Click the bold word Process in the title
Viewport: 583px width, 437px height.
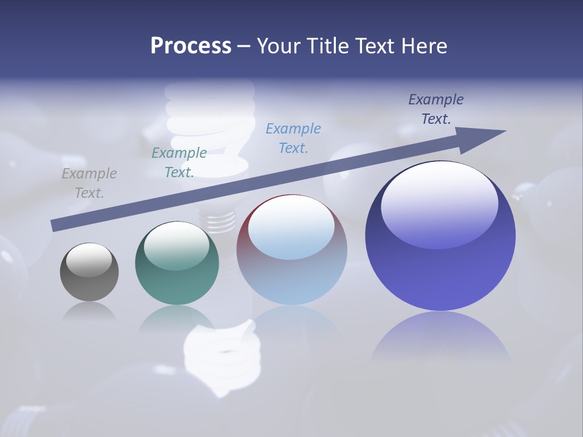[x=191, y=46]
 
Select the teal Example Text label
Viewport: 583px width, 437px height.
[x=179, y=163]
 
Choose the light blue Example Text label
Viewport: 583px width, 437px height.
[x=293, y=138]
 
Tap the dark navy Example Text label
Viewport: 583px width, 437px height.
[x=436, y=109]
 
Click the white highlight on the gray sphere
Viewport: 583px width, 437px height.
[x=89, y=260]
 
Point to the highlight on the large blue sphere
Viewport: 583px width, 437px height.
[x=439, y=203]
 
